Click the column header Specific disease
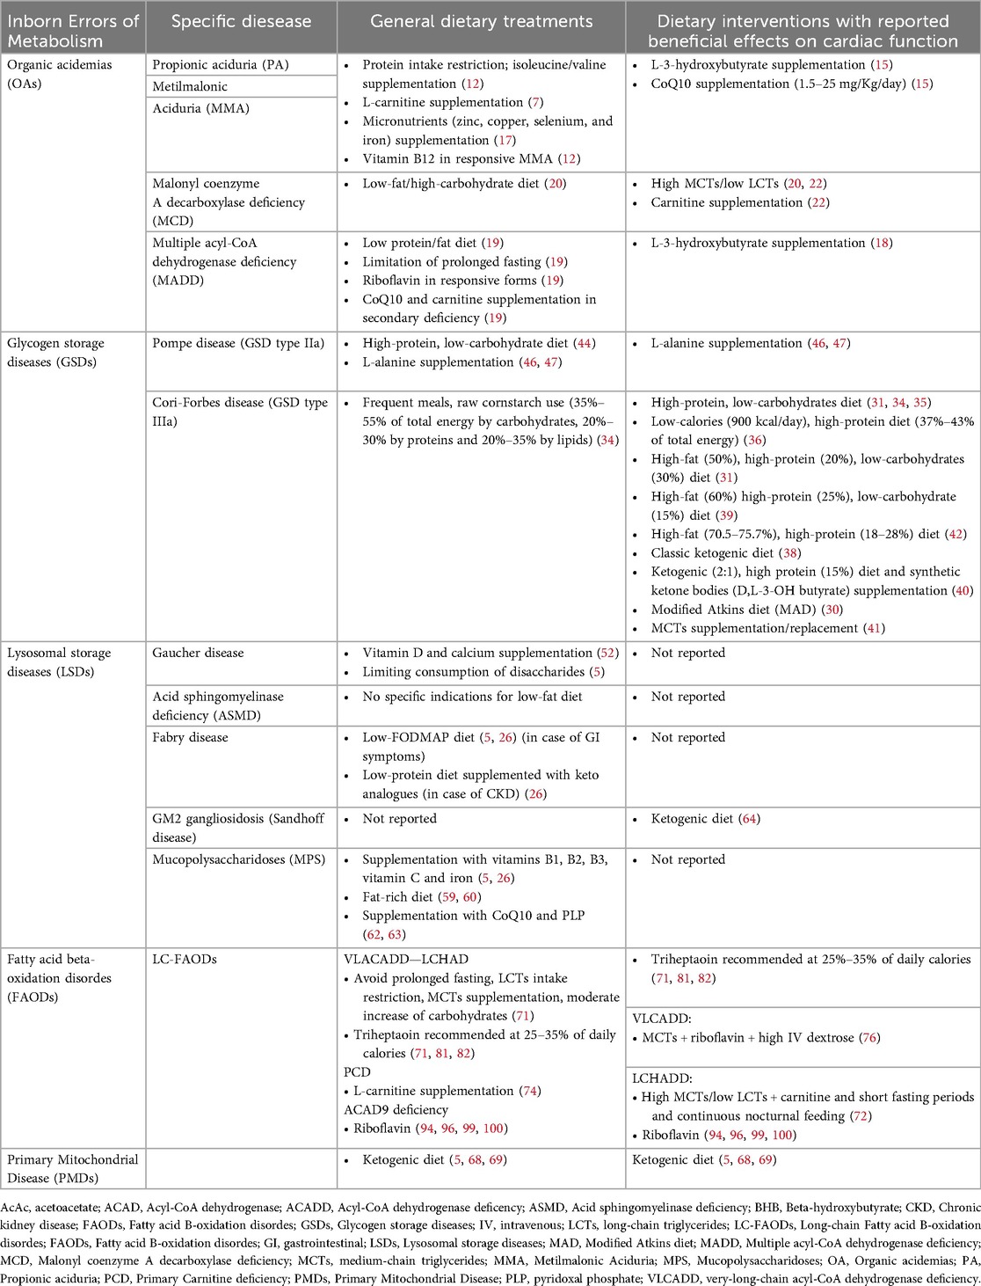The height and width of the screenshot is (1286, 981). (241, 21)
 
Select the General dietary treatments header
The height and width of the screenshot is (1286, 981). (481, 21)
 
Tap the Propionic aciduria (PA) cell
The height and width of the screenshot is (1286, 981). (221, 65)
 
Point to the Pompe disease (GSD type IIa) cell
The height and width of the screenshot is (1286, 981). (238, 343)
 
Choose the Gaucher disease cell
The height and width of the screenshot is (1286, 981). (198, 653)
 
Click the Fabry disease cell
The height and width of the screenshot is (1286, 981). (190, 737)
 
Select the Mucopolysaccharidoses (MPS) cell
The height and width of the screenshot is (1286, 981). (238, 859)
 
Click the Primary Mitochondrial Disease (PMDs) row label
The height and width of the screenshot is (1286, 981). (73, 1168)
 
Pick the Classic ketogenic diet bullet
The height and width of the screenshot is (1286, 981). (712, 553)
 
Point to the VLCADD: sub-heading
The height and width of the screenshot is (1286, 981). (660, 1019)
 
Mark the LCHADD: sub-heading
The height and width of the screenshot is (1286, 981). (662, 1078)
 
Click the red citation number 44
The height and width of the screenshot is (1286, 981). (585, 343)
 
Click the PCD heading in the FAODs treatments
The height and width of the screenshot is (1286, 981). (357, 1072)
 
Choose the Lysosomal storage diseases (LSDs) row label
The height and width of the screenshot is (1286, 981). (59, 662)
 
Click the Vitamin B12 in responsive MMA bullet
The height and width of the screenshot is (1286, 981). (471, 159)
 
